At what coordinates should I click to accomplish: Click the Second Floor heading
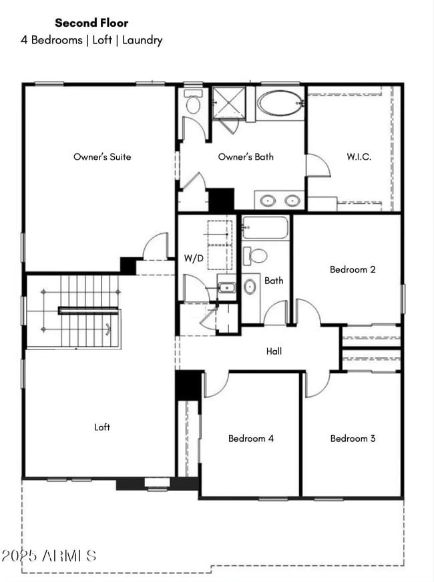pyautogui.click(x=91, y=23)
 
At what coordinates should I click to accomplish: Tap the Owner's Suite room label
pyautogui.click(x=102, y=157)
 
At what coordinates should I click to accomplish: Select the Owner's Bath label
pyautogui.click(x=246, y=157)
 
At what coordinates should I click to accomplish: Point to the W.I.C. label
pyautogui.click(x=359, y=157)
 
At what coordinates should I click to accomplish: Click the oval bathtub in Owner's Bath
pyautogui.click(x=280, y=104)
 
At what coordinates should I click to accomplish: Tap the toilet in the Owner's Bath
pyautogui.click(x=193, y=104)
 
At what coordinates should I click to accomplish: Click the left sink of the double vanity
pyautogui.click(x=268, y=200)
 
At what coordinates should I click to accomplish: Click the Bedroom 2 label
pyautogui.click(x=353, y=269)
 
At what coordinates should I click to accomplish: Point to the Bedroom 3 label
pyautogui.click(x=353, y=438)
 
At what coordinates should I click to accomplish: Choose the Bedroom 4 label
pyautogui.click(x=251, y=438)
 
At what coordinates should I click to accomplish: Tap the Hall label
pyautogui.click(x=274, y=351)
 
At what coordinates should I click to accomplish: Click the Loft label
pyautogui.click(x=102, y=427)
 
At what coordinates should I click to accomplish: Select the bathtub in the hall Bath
pyautogui.click(x=265, y=228)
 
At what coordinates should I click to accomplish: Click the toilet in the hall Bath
pyautogui.click(x=256, y=255)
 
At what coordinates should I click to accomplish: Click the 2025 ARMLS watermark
pyautogui.click(x=50, y=556)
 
